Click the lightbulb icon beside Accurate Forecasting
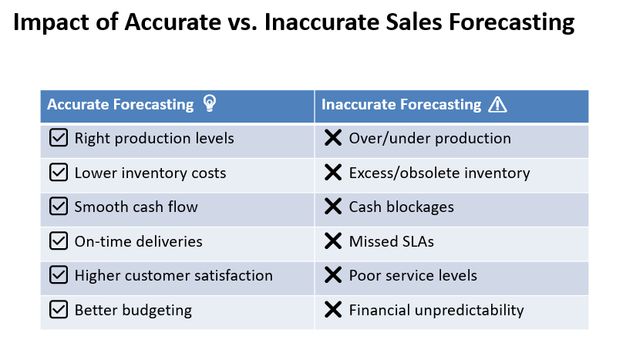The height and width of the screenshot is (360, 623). click(x=210, y=103)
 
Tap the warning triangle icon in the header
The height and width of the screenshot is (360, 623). click(x=497, y=105)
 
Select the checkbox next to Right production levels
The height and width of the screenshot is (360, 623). click(x=59, y=138)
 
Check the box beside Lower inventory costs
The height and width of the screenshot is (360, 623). click(x=59, y=173)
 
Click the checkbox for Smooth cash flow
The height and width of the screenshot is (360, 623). click(x=59, y=207)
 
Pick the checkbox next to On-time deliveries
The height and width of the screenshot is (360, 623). click(x=59, y=241)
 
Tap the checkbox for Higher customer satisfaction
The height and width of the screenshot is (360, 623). click(x=59, y=275)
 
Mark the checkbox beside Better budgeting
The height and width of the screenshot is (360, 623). click(x=59, y=310)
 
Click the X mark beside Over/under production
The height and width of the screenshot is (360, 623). click(x=333, y=138)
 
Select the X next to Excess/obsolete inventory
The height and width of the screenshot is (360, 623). click(x=333, y=173)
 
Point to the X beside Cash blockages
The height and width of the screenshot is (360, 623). click(x=333, y=207)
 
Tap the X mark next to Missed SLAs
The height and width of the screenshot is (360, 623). click(x=333, y=241)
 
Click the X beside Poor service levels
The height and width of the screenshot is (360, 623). click(x=333, y=275)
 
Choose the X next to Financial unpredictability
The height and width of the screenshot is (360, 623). click(x=333, y=310)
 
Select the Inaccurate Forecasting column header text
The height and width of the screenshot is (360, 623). click(x=401, y=105)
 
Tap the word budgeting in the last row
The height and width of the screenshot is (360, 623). click(x=157, y=311)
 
